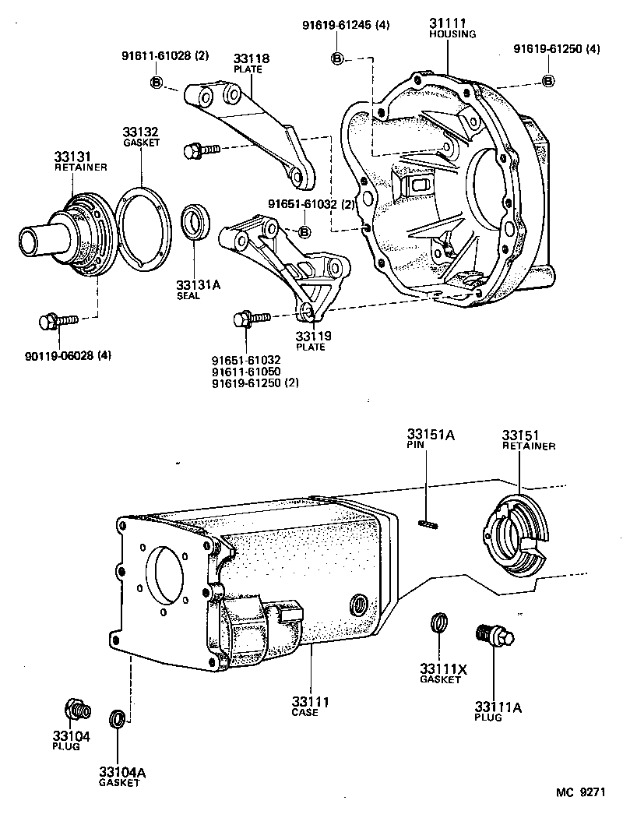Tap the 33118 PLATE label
pyautogui.click(x=248, y=63)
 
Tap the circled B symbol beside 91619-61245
pyautogui.click(x=338, y=58)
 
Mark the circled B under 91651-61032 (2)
pyautogui.click(x=304, y=232)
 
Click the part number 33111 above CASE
pyautogui.click(x=311, y=702)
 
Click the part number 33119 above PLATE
pyautogui.click(x=311, y=337)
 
